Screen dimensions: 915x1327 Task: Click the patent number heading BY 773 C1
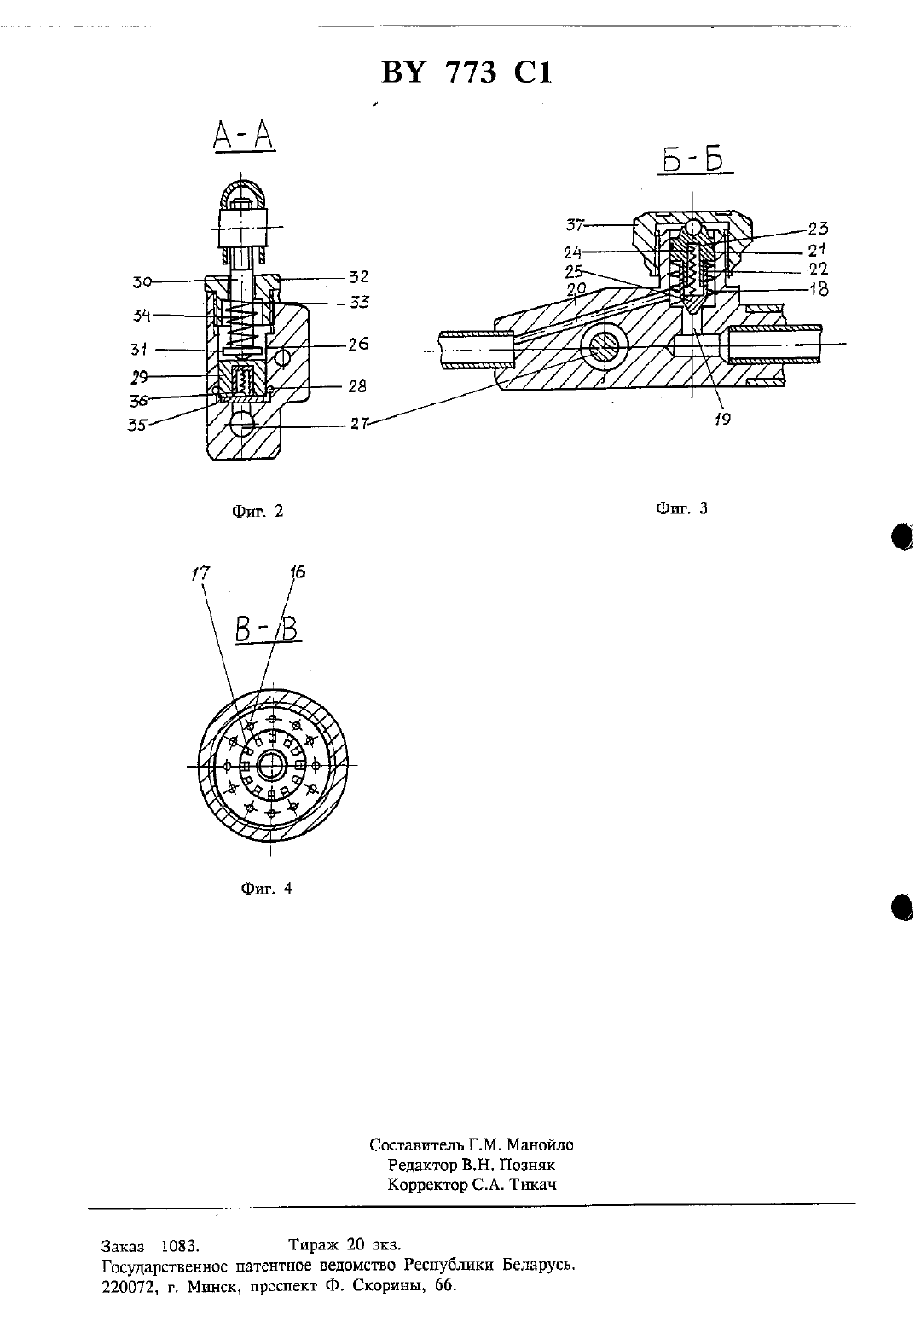(x=466, y=73)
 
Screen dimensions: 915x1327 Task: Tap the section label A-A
(x=244, y=136)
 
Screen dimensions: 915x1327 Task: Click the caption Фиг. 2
(x=258, y=511)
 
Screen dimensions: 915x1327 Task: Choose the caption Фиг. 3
(x=681, y=508)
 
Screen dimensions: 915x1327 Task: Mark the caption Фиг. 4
(x=267, y=888)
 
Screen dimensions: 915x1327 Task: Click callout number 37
(x=575, y=225)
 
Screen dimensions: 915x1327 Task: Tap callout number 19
(x=722, y=419)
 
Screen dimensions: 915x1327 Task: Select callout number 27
(x=360, y=424)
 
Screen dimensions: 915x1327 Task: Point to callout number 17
(x=200, y=573)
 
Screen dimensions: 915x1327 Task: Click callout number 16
(x=298, y=571)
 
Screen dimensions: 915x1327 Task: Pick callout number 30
(x=142, y=282)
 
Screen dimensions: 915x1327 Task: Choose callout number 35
(x=136, y=425)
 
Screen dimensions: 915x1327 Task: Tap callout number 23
(x=818, y=229)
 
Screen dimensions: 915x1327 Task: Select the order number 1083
(x=180, y=1246)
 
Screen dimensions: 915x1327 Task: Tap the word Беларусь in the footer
(x=539, y=1266)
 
